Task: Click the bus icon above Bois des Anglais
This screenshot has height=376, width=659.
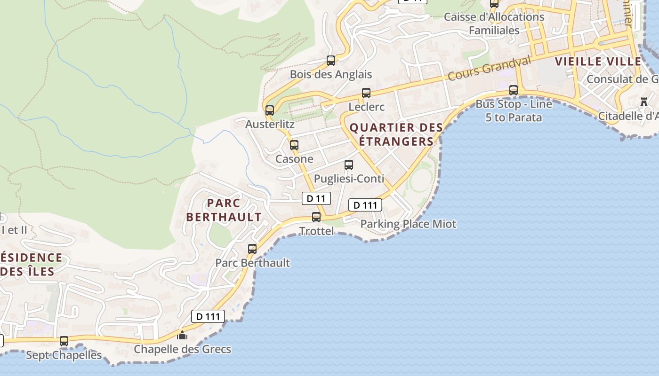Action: pyautogui.click(x=331, y=61)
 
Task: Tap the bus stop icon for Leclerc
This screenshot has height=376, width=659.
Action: pyautogui.click(x=366, y=93)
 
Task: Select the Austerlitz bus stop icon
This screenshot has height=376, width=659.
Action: pyautogui.click(x=270, y=110)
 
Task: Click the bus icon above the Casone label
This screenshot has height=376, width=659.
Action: pyautogui.click(x=294, y=145)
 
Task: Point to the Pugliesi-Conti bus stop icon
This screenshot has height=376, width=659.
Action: pyautogui.click(x=349, y=165)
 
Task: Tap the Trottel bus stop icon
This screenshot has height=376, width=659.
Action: pyautogui.click(x=316, y=217)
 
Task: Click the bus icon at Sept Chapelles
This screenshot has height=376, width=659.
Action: pyautogui.click(x=64, y=341)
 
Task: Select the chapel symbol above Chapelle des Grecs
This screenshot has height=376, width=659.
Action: pyautogui.click(x=182, y=335)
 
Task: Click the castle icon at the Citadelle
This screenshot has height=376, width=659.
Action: pyautogui.click(x=644, y=102)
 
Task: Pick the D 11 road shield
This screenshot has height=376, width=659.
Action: pyautogui.click(x=316, y=198)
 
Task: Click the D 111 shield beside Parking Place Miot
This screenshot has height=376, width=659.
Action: pyautogui.click(x=365, y=205)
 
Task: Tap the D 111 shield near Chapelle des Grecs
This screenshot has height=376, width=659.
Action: pyautogui.click(x=208, y=316)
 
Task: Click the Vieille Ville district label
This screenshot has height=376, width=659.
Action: pyautogui.click(x=598, y=62)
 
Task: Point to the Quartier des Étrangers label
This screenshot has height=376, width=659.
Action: pyautogui.click(x=396, y=134)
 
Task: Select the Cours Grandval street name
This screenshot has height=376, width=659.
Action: pyautogui.click(x=489, y=68)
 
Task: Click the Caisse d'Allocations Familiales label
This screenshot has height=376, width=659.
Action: pyautogui.click(x=494, y=23)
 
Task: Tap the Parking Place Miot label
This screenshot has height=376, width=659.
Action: pyautogui.click(x=408, y=224)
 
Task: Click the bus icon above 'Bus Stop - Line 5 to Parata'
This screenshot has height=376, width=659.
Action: pyautogui.click(x=514, y=90)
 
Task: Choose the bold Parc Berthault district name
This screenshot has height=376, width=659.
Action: pyautogui.click(x=224, y=210)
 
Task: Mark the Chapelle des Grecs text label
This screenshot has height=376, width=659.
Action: pyautogui.click(x=183, y=349)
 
